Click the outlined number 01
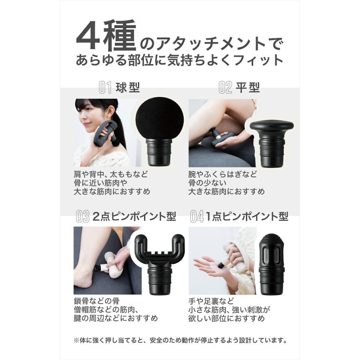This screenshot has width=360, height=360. pos(105,87)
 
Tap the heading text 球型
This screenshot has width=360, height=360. pos(128,87)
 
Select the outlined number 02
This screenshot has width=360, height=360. pos(225,87)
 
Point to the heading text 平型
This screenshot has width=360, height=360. pos(248,87)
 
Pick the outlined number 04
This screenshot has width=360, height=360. pos(197,217)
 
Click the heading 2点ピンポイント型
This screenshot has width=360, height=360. pos(134,216)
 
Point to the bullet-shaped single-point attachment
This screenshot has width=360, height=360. pos(272,256)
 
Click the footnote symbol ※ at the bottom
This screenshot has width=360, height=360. pos(76,341)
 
